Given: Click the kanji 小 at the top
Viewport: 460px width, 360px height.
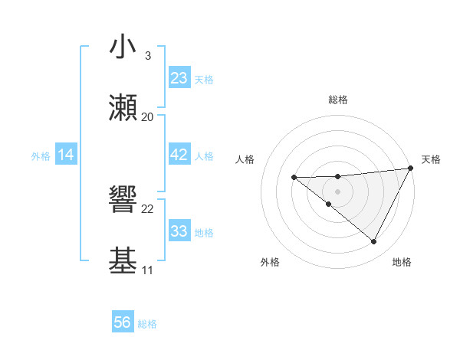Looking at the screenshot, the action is [x=123, y=47].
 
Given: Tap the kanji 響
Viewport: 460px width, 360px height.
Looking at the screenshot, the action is [x=123, y=201].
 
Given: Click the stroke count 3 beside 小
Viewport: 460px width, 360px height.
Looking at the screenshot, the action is [x=148, y=56].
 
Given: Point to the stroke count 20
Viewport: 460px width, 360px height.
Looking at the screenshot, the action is [x=148, y=117].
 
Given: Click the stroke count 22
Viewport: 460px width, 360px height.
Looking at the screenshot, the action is [x=148, y=209].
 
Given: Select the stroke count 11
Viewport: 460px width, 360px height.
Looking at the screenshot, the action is [x=148, y=270].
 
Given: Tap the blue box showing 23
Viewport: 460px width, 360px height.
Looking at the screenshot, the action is [x=179, y=78].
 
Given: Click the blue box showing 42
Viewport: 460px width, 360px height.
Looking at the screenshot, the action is [x=179, y=155].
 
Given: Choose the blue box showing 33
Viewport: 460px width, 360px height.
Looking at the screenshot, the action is [x=179, y=231].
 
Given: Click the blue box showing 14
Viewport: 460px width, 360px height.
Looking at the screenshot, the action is [x=66, y=155].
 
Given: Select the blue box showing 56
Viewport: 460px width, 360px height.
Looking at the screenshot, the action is [x=123, y=322].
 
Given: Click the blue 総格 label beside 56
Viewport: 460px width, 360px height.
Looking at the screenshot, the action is [x=147, y=324].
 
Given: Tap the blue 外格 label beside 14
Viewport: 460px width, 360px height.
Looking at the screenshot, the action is [x=41, y=156].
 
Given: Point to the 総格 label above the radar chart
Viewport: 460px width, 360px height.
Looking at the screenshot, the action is [x=338, y=100].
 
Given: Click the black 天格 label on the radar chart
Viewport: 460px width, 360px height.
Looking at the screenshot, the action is [x=431, y=159].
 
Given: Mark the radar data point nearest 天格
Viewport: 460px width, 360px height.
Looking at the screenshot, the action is [x=412, y=169].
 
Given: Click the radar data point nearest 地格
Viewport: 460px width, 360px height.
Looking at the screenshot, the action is [x=374, y=242].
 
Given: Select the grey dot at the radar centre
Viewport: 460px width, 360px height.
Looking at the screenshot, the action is [x=338, y=191].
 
